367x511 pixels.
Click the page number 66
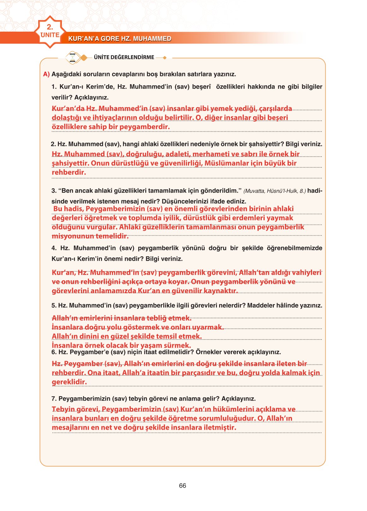coord(183,486)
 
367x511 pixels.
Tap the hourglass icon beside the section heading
coord(73,58)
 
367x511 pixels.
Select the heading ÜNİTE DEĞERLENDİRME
coord(124,57)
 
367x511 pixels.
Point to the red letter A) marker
coord(46,74)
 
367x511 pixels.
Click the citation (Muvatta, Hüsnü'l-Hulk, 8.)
coord(274,191)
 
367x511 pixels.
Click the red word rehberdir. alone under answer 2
coord(69,172)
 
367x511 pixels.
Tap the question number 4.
coord(54,248)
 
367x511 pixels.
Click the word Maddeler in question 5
coord(259,306)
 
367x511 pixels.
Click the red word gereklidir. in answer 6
coord(69,382)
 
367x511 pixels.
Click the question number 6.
coord(53,352)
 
